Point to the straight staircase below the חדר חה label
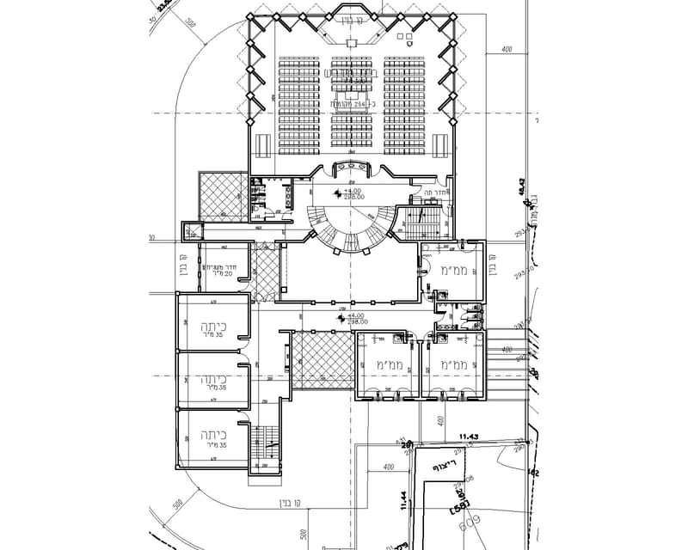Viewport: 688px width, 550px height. pyautogui.click(x=421, y=221)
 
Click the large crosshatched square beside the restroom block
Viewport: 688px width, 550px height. pyautogui.click(x=224, y=195)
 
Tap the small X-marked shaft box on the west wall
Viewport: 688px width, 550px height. pyautogui.click(x=190, y=229)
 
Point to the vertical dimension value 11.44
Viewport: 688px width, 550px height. pyautogui.click(x=402, y=502)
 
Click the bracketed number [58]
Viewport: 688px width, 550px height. pyautogui.click(x=457, y=510)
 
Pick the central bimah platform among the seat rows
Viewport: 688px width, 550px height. pyautogui.click(x=350, y=86)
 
